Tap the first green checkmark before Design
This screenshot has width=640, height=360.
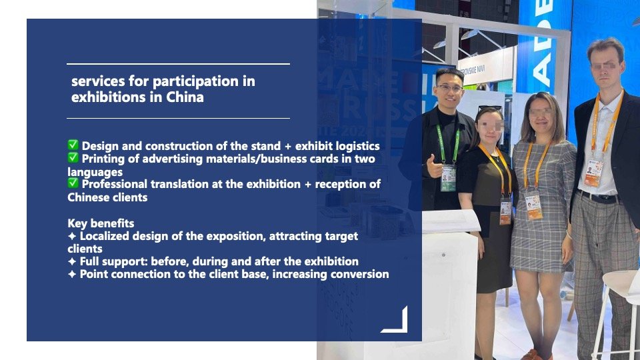click(73, 145)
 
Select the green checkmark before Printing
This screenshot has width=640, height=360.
click(73, 157)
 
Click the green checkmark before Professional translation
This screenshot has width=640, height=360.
click(73, 183)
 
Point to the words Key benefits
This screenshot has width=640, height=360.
click(101, 223)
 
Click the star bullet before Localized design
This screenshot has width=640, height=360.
click(72, 236)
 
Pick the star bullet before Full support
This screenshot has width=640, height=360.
click(72, 261)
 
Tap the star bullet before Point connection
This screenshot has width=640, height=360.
click(72, 274)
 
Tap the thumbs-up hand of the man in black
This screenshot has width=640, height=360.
click(434, 166)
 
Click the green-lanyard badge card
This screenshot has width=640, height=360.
click(448, 178)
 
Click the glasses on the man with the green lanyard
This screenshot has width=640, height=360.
click(449, 88)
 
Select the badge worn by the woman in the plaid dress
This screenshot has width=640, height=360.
click(533, 206)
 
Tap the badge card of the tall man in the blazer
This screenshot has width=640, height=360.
click(593, 173)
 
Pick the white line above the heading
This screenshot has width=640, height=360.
click(179, 64)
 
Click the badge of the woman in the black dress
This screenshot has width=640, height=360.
click(505, 211)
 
